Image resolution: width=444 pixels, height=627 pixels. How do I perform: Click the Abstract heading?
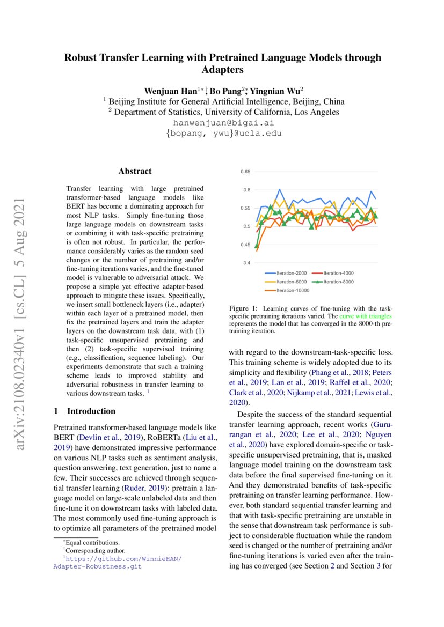pyautogui.click(x=135, y=172)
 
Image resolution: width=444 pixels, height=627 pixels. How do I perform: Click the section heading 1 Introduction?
pyautogui.click(x=85, y=411)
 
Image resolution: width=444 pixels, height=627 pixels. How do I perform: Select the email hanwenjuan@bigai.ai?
pyautogui.click(x=222, y=123)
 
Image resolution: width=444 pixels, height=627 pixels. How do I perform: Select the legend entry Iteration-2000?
pyautogui.click(x=290, y=274)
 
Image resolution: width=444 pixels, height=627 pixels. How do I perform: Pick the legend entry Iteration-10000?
pyautogui.click(x=292, y=290)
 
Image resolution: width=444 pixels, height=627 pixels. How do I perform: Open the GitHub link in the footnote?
pyautogui.click(x=118, y=562)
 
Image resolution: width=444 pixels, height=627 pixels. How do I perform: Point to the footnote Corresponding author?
pyautogui.click(x=94, y=550)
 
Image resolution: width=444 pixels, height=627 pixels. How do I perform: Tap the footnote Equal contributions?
pyautogui.click(x=93, y=543)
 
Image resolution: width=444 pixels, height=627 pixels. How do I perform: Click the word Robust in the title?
pyautogui.click(x=82, y=57)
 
